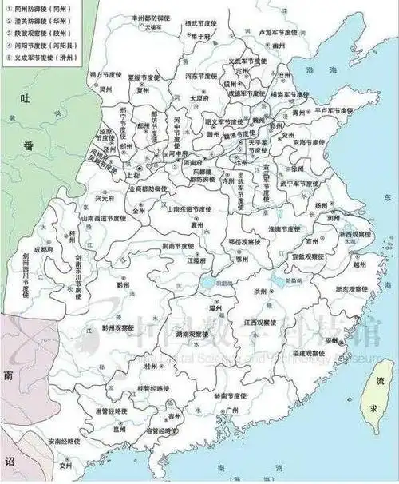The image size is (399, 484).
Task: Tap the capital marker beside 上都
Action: click(x=139, y=169)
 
